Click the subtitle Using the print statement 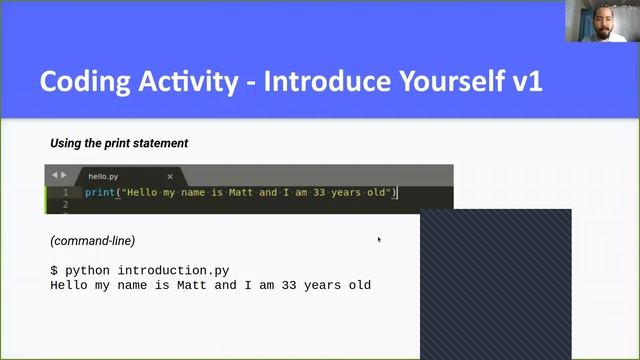tap(119, 143)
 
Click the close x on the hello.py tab tap(170, 175)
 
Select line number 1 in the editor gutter tap(65, 192)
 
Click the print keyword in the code tap(100, 192)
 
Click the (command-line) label tap(92, 241)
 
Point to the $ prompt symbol tap(54, 270)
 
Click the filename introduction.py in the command tap(173, 270)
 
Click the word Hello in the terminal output tap(70, 285)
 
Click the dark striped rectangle tap(495, 285)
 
